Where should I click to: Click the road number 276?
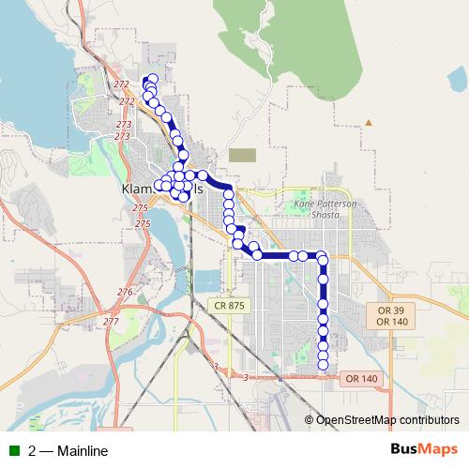125,293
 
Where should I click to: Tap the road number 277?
111,322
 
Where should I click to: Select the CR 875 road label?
228,306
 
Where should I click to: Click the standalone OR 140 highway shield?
361,378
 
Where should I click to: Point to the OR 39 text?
389,310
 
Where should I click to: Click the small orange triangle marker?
369,122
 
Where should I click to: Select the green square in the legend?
14,451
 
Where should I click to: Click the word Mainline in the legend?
83,451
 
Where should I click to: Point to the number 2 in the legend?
33,451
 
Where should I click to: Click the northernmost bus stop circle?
153,79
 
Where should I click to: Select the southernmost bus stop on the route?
324,367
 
